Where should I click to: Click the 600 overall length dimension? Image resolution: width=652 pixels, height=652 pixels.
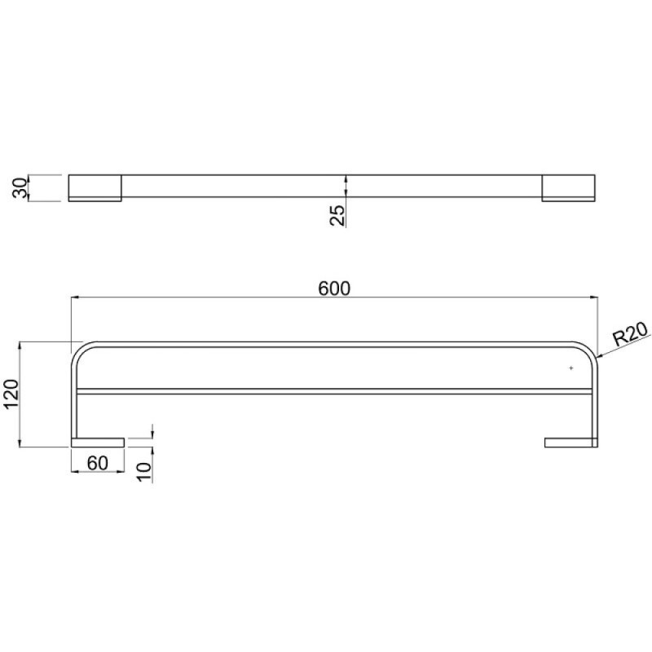point(334,289)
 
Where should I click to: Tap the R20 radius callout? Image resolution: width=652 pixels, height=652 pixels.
point(631,334)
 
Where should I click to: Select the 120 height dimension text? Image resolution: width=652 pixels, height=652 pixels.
point(11,394)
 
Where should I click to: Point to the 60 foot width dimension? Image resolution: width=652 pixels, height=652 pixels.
point(98,463)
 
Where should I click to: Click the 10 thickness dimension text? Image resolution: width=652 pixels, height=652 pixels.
point(145,472)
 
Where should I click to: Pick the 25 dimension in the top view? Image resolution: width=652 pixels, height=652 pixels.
point(337,215)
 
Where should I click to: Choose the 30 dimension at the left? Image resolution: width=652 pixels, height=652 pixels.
point(20,188)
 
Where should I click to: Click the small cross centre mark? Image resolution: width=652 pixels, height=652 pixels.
point(571,368)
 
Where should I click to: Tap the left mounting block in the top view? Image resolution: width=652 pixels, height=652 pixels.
point(95,188)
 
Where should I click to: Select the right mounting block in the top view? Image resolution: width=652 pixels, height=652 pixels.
point(568,188)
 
